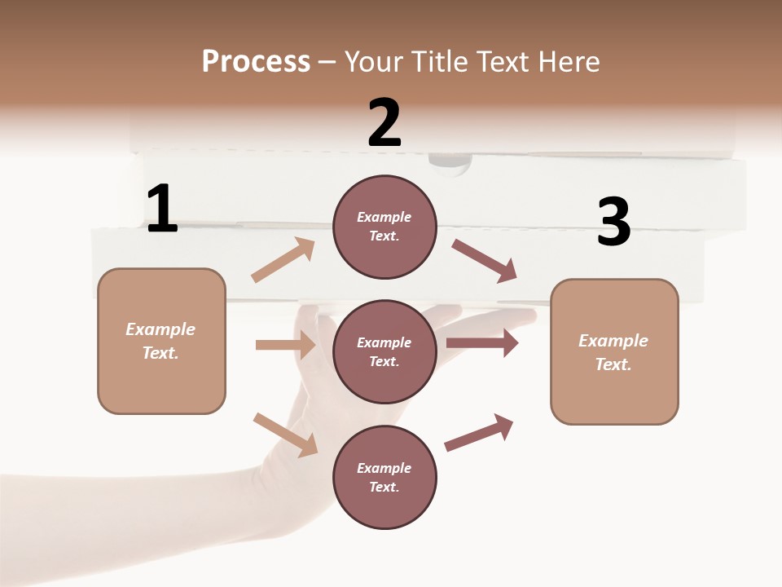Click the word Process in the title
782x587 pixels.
click(x=256, y=62)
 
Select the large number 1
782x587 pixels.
click(x=162, y=209)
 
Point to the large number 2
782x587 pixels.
click(x=384, y=122)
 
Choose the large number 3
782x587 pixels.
click(x=613, y=223)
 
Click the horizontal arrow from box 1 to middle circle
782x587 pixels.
click(x=285, y=345)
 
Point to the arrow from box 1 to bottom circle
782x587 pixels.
click(x=285, y=434)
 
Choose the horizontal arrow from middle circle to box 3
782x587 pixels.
click(x=482, y=343)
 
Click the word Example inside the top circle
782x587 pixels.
click(x=384, y=217)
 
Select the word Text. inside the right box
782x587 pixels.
click(x=613, y=364)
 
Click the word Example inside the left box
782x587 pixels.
click(x=160, y=329)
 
